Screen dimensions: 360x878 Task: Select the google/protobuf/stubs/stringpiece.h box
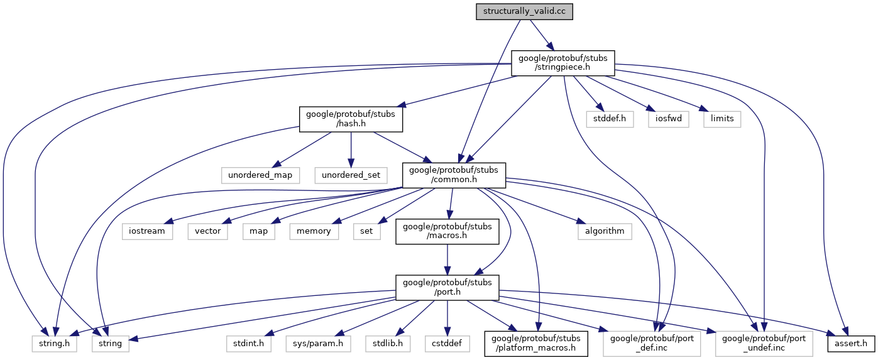click(563, 63)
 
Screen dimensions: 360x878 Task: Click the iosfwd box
click(667, 118)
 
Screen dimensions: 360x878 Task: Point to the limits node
click(722, 118)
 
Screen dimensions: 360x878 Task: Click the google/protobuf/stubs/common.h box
click(454, 175)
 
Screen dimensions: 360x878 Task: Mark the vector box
click(207, 231)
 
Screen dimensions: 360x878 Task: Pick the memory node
click(314, 231)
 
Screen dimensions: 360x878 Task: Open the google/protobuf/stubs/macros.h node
click(447, 231)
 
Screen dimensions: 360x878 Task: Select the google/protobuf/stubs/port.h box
click(447, 286)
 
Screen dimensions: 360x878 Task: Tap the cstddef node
click(447, 343)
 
